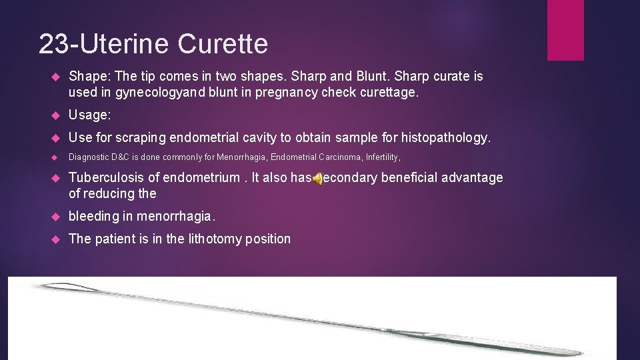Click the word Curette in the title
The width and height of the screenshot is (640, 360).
[x=223, y=44]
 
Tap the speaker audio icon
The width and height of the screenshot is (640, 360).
[x=318, y=178]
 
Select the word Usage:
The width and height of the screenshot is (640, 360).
[x=90, y=115]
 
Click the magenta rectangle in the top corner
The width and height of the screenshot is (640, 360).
[x=565, y=30]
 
